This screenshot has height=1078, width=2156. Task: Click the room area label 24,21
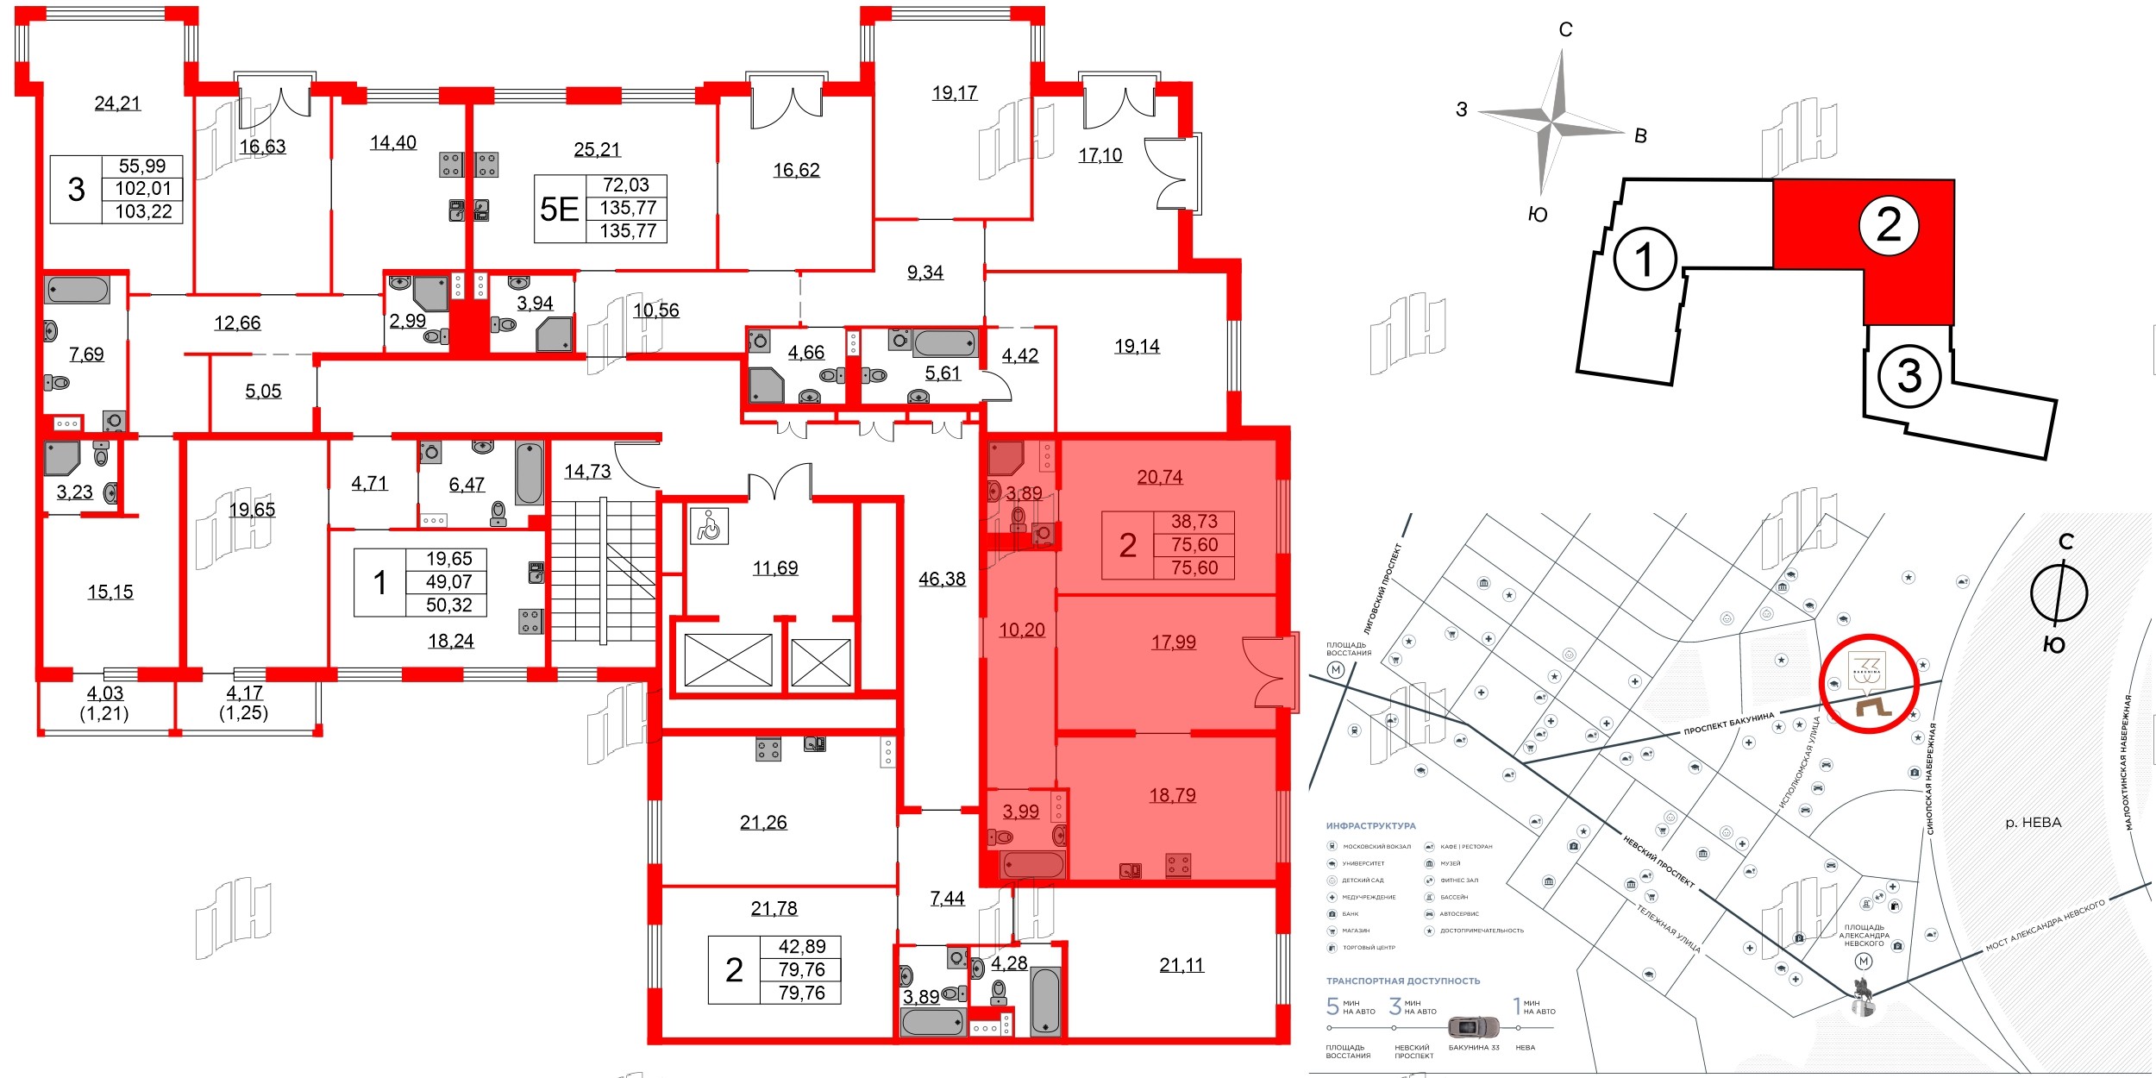tap(117, 103)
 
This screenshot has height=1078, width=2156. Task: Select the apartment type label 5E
tap(559, 209)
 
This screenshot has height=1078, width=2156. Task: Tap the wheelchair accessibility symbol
tap(709, 525)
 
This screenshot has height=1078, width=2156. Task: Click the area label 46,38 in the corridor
tap(942, 580)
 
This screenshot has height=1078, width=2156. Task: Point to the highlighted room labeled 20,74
tap(1160, 477)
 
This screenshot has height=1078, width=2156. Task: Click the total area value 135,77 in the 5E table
tap(628, 208)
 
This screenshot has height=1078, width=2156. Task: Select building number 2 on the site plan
tap(1889, 225)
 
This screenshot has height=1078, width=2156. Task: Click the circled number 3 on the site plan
tap(1909, 376)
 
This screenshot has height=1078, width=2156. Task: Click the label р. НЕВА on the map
tap(2033, 823)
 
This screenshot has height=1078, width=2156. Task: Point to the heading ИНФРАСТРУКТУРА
tap(1370, 826)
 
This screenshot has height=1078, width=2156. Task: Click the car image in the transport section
tap(1473, 1027)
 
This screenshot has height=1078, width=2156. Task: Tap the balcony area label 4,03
tap(105, 693)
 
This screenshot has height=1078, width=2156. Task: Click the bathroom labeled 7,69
tap(86, 354)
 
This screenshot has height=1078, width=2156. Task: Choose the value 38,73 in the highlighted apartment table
tap(1194, 522)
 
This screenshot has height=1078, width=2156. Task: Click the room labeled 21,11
tap(1181, 966)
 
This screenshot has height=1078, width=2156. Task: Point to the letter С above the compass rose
tap(1565, 30)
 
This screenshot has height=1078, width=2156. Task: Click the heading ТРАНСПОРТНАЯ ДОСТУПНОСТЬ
tap(1402, 981)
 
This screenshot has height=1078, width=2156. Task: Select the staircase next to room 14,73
tap(603, 570)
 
